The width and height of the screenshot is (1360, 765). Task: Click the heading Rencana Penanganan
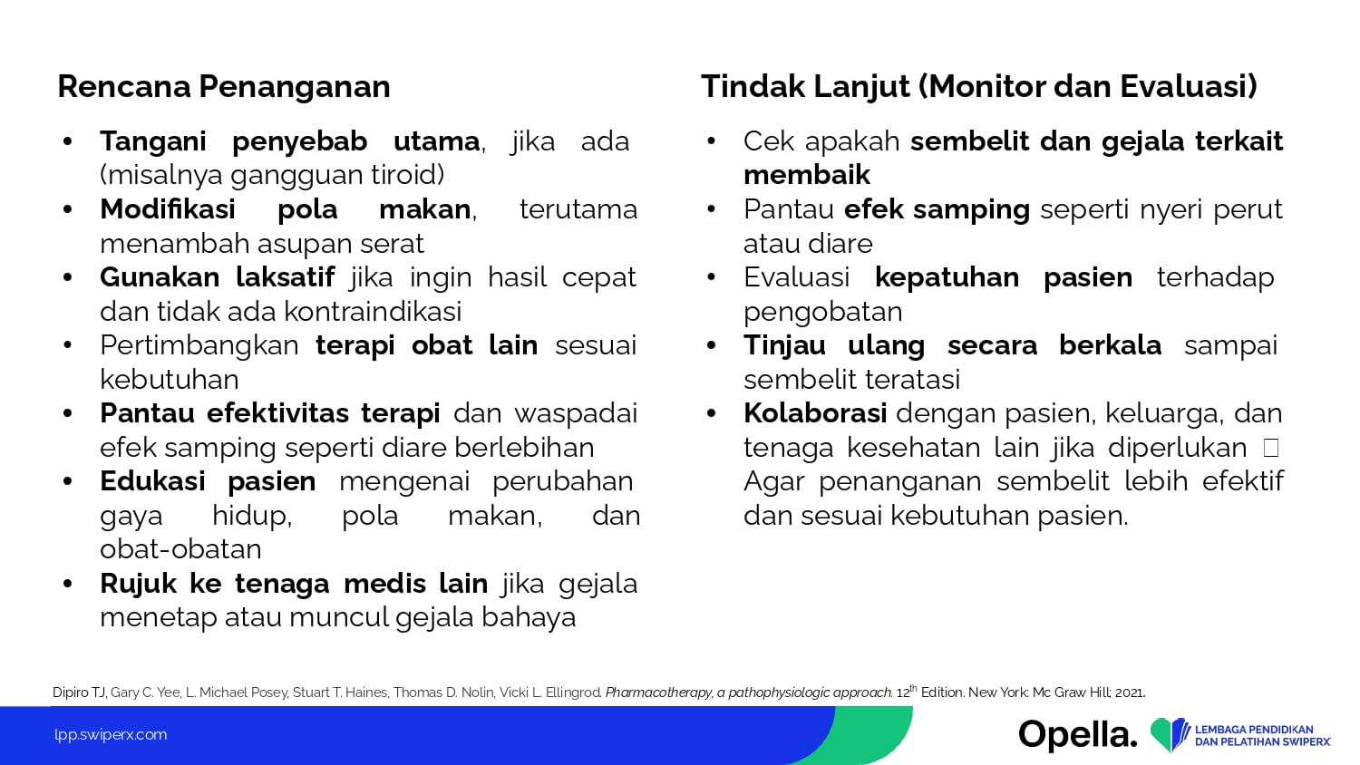pos(223,86)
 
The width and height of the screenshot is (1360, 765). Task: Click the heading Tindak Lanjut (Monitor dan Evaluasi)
pos(978,86)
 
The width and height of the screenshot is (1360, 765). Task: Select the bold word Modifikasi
pos(168,209)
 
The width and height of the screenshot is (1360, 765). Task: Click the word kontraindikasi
pos(373,312)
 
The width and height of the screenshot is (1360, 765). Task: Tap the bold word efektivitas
pos(277,413)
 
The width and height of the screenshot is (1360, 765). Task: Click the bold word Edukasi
pos(152,481)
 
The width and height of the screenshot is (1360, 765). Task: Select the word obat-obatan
pos(180,549)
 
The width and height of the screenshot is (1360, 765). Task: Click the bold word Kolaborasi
pos(815,413)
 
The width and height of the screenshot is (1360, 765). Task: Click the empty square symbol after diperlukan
pos(1271,448)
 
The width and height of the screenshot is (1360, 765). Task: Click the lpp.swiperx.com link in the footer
pos(111,735)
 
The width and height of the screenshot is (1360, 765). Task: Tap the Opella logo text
pos(1078,735)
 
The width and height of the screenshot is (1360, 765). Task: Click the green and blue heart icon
pos(1170,735)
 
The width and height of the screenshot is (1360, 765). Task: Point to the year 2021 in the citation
pos(1130,692)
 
